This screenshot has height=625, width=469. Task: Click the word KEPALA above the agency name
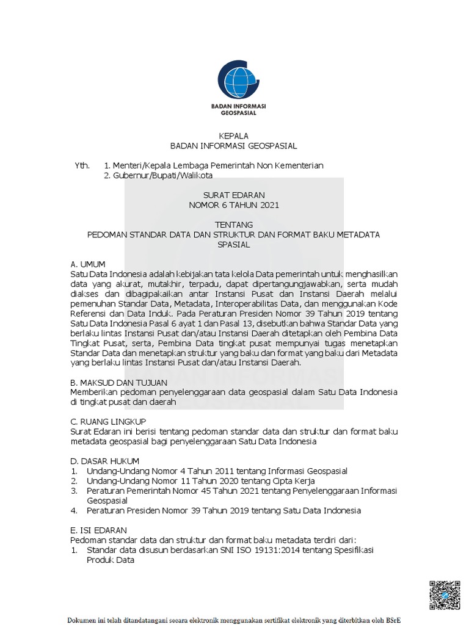click(234, 135)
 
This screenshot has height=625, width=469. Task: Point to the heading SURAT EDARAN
click(234, 195)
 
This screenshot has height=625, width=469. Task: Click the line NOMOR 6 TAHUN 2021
click(234, 205)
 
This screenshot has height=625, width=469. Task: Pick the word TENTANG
click(234, 225)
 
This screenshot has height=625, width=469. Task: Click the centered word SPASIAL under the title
click(234, 244)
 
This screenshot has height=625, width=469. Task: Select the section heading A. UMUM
click(88, 264)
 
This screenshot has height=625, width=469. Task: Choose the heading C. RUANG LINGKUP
click(108, 421)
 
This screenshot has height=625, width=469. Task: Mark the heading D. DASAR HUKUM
click(105, 461)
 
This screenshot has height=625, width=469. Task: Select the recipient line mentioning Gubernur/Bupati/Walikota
click(158, 176)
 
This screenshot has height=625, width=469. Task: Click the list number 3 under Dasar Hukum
click(73, 491)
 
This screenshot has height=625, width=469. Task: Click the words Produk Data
click(110, 560)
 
